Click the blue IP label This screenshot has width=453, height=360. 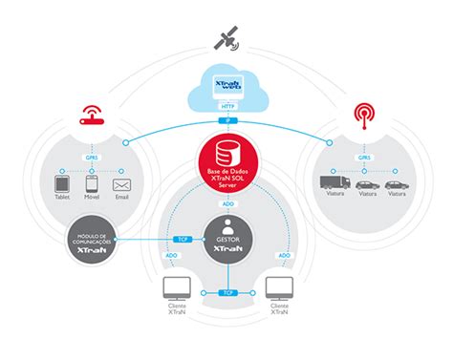[227, 120]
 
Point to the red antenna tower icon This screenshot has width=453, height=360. [362, 115]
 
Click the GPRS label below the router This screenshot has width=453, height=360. [92, 158]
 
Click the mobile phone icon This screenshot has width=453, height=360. [92, 183]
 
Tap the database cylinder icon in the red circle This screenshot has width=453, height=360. [226, 153]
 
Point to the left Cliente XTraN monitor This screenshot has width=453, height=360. [176, 287]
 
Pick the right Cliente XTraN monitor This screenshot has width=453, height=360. [278, 287]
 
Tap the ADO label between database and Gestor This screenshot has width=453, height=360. [227, 202]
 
